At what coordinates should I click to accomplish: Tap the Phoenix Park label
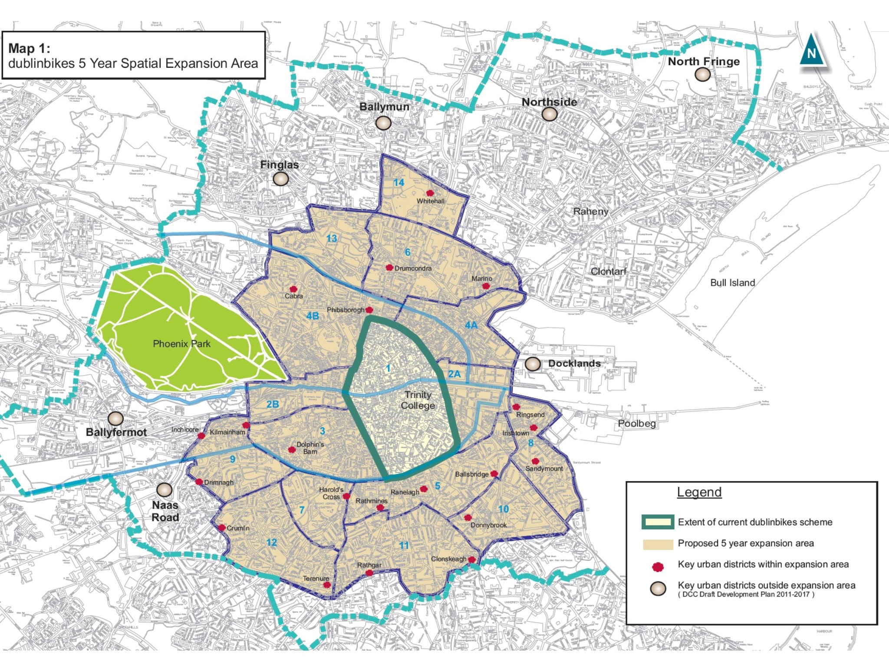click(181, 344)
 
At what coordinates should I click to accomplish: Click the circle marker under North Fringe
click(702, 75)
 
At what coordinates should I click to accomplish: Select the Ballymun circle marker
click(383, 123)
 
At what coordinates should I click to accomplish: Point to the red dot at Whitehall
click(430, 193)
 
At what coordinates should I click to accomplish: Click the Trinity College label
click(418, 400)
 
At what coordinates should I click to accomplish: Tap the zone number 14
click(398, 183)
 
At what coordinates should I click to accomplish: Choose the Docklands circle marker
click(533, 364)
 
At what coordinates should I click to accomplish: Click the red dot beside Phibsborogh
click(369, 310)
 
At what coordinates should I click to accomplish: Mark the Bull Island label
click(732, 283)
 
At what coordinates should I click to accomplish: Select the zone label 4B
click(313, 316)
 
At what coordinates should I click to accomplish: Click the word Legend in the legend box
click(699, 492)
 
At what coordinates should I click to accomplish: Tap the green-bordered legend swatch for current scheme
click(658, 522)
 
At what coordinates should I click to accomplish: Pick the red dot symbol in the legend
click(658, 567)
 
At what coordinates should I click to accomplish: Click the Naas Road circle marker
click(165, 490)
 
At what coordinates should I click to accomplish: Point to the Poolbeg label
click(636, 423)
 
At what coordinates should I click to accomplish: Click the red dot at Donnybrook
click(468, 518)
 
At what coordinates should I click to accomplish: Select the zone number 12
click(271, 542)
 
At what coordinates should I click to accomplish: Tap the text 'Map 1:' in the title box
click(29, 48)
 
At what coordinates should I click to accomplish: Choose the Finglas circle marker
click(280, 178)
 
